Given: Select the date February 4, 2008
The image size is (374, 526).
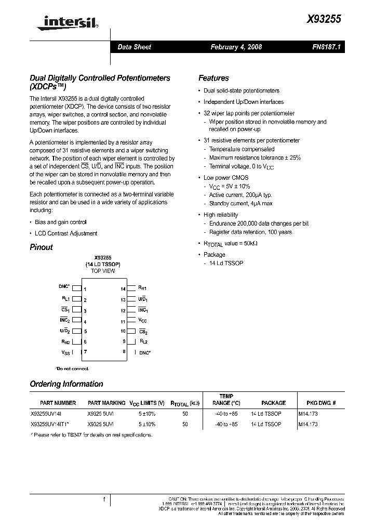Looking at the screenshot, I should click(236, 47).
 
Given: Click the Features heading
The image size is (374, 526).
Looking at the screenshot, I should click(213, 78).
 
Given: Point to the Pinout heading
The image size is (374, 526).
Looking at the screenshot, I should click(41, 247).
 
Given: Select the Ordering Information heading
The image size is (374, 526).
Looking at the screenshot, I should click(66, 384).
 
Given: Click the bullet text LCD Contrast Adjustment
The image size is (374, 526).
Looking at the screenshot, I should click(66, 233).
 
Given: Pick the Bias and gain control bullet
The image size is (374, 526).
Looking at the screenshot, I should click(60, 222).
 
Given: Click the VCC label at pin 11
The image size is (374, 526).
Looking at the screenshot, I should click(143, 321).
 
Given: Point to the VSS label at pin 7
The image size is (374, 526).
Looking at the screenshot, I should click(65, 353).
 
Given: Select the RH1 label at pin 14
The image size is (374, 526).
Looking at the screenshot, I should click(142, 287).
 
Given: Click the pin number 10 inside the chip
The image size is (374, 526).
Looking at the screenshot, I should click(123, 331).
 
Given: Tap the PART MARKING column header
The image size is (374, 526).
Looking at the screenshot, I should click(106, 403).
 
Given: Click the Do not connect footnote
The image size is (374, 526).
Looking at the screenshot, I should click(72, 369).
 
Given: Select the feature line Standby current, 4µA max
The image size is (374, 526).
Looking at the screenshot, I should click(241, 203).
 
